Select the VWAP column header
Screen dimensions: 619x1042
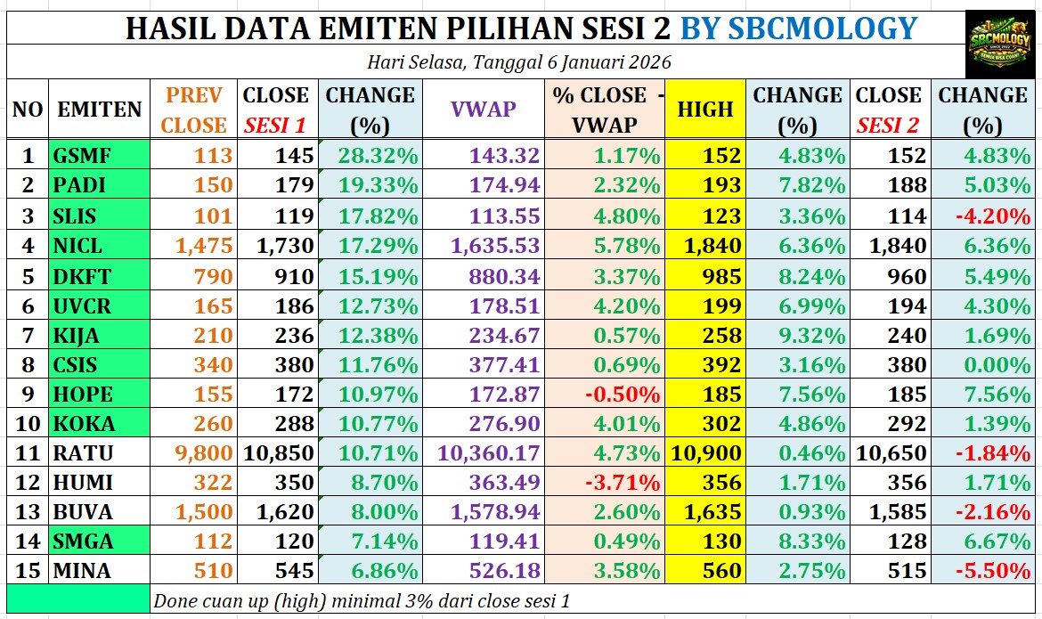coord(483,109)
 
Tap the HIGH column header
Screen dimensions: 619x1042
coord(705,109)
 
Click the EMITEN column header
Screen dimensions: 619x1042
coord(100,109)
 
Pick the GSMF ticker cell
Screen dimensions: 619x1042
coord(82,156)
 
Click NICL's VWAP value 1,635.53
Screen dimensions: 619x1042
coord(496,246)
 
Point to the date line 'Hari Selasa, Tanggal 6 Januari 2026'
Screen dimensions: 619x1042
coord(518,62)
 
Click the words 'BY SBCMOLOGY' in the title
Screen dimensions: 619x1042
coord(798,29)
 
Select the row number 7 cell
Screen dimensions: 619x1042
coord(28,335)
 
